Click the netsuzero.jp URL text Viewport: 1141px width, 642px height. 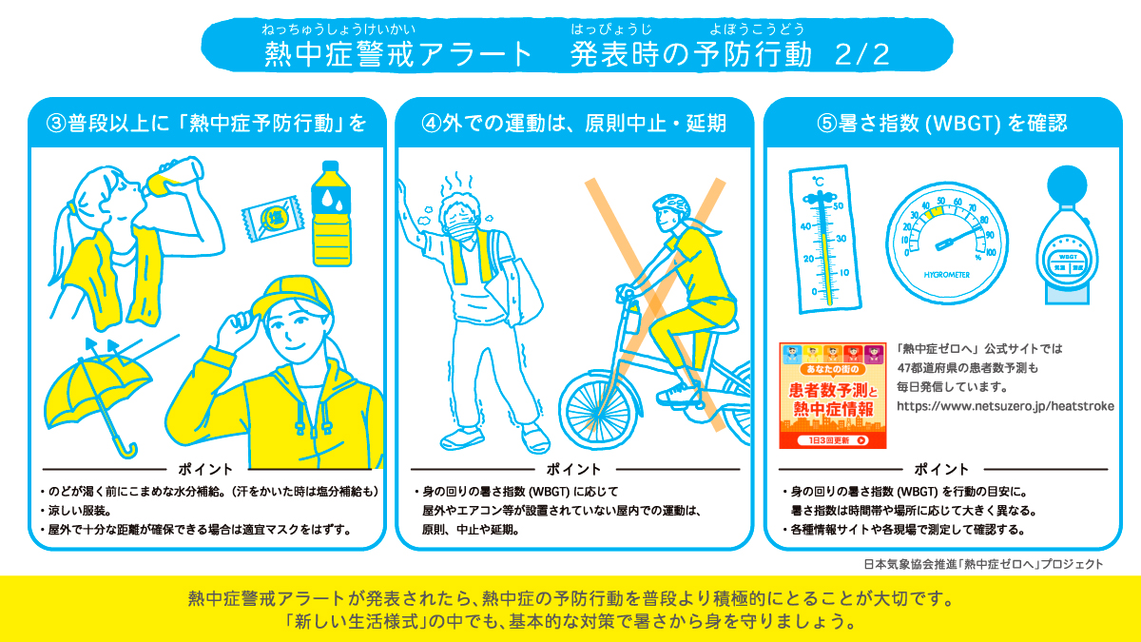[1005, 405]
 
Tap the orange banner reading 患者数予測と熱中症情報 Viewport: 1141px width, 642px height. [832, 396]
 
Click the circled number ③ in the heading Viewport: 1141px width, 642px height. [58, 124]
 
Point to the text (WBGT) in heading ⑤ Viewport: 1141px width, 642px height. [961, 124]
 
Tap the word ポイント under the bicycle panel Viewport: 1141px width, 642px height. [574, 469]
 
